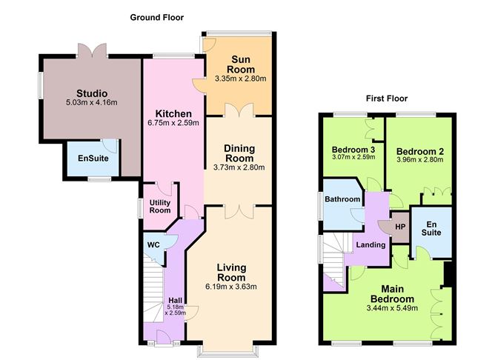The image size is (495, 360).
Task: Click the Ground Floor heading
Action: (x=156, y=17)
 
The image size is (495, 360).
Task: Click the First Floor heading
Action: (x=387, y=99)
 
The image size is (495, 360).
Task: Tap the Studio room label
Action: (x=92, y=93)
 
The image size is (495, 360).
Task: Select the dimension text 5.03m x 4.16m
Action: (x=92, y=102)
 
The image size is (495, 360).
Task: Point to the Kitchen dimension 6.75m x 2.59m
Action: (x=173, y=123)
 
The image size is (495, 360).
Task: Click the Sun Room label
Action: (x=241, y=64)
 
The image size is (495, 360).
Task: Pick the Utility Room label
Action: (x=160, y=207)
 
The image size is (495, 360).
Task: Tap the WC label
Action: (x=153, y=245)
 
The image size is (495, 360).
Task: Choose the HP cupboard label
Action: (x=400, y=227)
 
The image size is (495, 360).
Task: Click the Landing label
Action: (x=371, y=245)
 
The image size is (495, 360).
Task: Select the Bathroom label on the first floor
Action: (x=342, y=199)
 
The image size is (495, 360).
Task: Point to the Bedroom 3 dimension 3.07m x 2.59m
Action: (x=353, y=157)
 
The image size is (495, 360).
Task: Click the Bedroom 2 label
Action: (x=420, y=151)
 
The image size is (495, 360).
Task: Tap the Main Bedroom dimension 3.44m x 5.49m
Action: (x=393, y=308)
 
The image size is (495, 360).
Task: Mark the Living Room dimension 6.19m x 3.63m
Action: (x=231, y=287)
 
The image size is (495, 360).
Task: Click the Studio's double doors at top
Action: (x=93, y=50)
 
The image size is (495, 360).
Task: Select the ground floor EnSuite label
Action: (x=93, y=158)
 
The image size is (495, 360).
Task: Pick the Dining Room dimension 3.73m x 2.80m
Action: (x=239, y=167)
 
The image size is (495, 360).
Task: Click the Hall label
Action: (x=175, y=300)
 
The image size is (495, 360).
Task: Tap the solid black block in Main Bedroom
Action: (x=448, y=274)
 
